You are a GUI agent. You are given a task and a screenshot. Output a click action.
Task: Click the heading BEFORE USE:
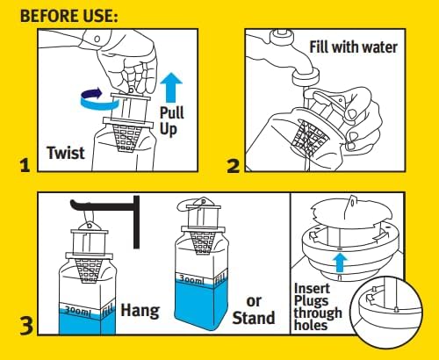(69, 16)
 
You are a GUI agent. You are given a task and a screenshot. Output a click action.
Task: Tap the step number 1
(25, 165)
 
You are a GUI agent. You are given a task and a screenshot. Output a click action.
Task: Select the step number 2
(234, 166)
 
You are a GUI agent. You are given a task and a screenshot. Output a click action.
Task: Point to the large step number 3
(26, 326)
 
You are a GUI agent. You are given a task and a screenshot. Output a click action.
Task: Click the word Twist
(66, 153)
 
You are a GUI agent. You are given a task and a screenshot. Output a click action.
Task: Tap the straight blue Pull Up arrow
(171, 88)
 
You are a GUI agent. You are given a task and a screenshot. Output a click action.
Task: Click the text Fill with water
(353, 47)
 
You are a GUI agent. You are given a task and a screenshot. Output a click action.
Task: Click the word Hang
(140, 311)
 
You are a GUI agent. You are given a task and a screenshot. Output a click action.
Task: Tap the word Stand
(254, 318)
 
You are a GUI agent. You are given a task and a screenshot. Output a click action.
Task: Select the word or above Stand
(254, 301)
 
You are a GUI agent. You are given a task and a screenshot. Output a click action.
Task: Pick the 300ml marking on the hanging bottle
(77, 312)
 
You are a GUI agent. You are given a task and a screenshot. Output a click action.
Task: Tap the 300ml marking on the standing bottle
(191, 280)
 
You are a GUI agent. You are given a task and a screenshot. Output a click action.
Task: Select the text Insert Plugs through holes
(318, 306)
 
